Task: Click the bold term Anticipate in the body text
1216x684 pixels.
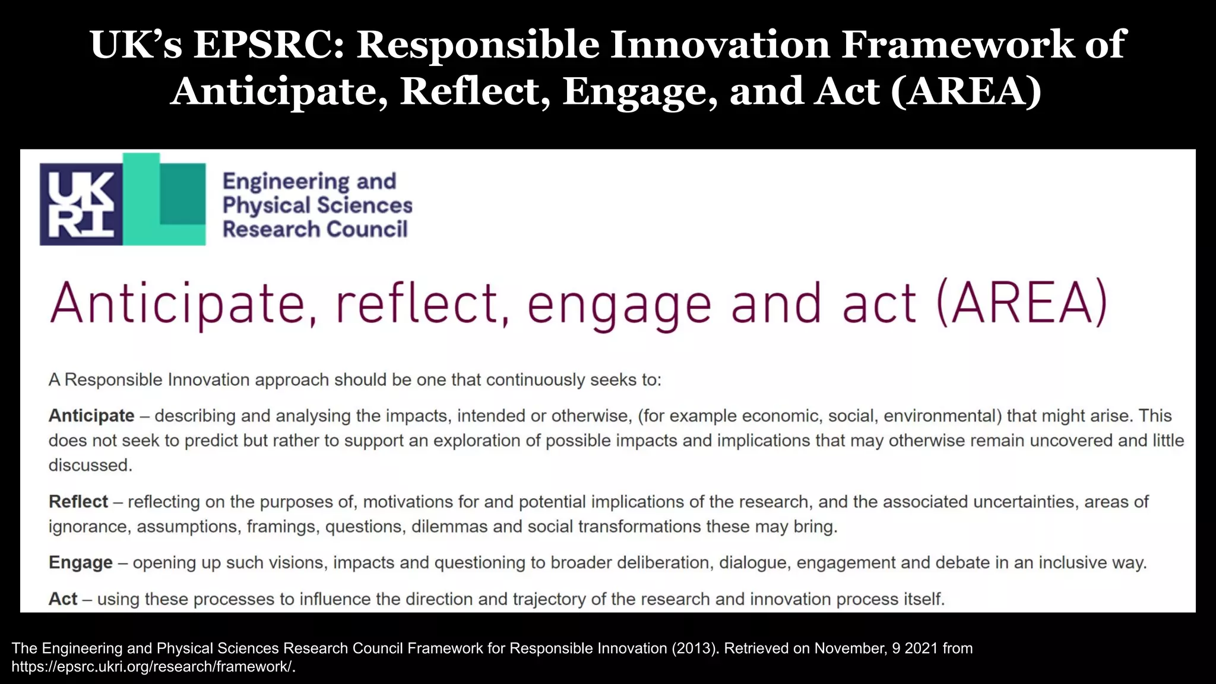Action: (91, 416)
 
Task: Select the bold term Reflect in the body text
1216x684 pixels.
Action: (78, 502)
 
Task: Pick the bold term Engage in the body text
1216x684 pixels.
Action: (81, 562)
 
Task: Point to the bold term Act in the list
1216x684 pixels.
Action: (63, 598)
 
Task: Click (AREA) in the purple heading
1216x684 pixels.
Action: (1022, 303)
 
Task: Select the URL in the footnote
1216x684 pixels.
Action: (153, 667)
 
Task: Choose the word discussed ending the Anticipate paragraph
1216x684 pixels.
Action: (90, 465)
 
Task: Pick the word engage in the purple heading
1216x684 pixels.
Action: (619, 305)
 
